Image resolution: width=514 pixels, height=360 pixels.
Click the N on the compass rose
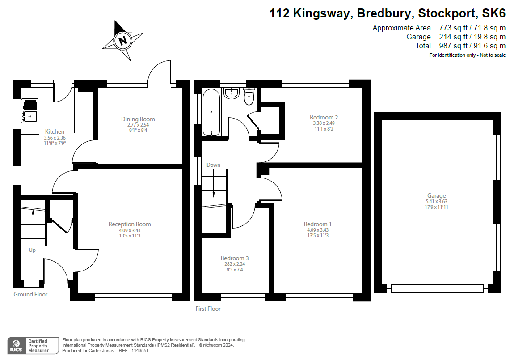coord(122,41)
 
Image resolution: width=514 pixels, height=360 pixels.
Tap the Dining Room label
coord(138,119)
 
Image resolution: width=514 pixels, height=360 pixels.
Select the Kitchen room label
coord(55,131)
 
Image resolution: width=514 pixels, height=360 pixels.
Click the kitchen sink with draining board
coord(29,111)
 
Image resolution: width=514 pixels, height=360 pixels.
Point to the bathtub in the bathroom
coord(211,112)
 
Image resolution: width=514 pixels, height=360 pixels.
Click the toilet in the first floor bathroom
coord(249,97)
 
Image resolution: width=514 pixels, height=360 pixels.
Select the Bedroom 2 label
coord(324,117)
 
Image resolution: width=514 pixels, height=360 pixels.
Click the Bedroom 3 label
coord(235,258)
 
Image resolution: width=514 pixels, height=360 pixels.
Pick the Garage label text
coord(436,195)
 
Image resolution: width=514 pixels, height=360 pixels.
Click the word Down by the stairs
coord(213,165)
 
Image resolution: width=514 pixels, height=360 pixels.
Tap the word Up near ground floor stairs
coord(32,250)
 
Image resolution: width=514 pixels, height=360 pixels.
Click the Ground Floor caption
coord(30,294)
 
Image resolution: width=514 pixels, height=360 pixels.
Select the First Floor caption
coord(208,309)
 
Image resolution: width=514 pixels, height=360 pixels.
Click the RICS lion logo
coord(16,346)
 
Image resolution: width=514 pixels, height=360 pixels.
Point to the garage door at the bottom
coord(437,288)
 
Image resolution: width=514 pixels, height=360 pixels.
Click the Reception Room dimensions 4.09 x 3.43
coord(129,230)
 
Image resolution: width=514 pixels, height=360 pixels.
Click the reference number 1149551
coord(139,351)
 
